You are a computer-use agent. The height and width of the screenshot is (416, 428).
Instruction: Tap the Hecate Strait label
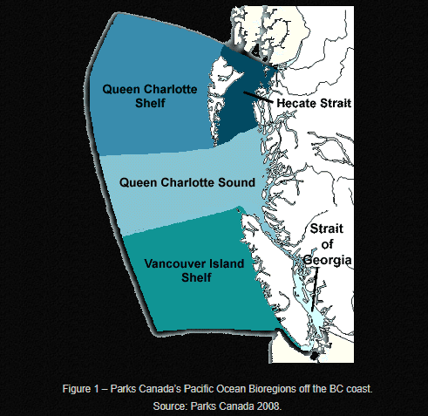point(314,103)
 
